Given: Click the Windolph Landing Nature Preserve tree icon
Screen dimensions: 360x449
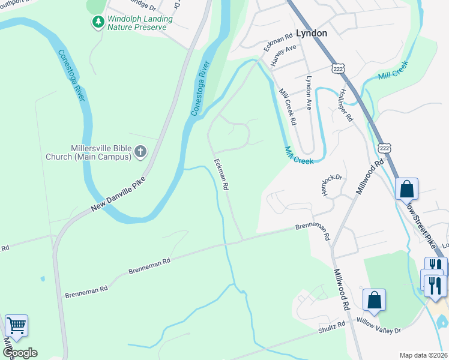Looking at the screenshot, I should coord(98,22).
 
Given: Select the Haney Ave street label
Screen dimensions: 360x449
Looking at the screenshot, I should coord(283,55).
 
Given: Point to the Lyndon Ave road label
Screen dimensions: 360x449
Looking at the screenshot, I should coord(310,88).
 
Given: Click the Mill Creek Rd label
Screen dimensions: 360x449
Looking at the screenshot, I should coord(288,107).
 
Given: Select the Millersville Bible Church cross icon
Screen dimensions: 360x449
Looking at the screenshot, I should coord(140,152).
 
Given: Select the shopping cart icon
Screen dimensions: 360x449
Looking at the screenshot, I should coord(17,326).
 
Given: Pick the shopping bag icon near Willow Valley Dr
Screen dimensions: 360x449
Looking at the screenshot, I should coord(374,300).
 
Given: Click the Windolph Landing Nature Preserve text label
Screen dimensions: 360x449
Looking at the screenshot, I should coord(140,23).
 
